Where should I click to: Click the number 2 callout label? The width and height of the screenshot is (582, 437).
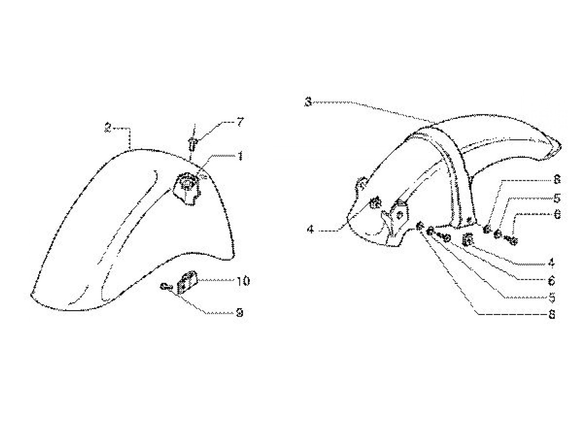click(108, 128)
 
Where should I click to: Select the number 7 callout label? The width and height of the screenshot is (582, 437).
click(241, 122)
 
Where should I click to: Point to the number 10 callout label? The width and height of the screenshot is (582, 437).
click(243, 281)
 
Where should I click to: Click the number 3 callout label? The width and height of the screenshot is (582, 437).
click(308, 102)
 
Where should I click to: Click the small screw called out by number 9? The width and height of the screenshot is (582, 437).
click(166, 286)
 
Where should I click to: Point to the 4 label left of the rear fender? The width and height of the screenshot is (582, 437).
click(311, 229)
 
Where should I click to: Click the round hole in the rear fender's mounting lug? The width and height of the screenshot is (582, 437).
click(400, 215)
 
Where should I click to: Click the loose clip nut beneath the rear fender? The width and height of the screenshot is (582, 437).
click(468, 239)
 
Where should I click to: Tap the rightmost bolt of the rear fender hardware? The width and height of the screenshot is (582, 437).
click(512, 240)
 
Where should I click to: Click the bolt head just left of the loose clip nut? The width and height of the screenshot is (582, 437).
click(445, 238)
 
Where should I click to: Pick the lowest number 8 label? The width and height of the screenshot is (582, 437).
click(552, 315)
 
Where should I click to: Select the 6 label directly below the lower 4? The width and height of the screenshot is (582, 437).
click(552, 281)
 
